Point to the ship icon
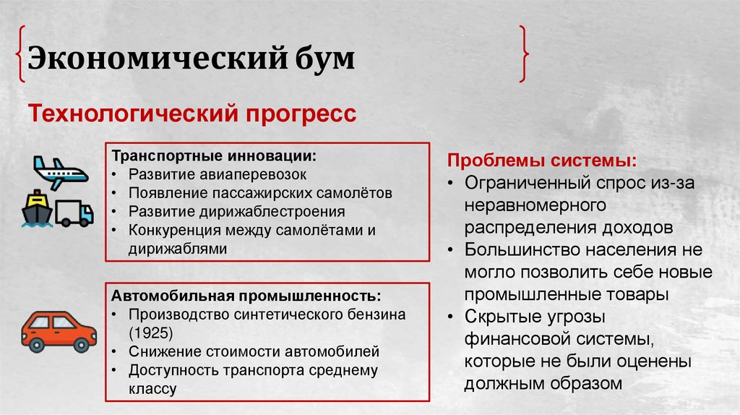point(36,210)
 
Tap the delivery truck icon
point(74,213)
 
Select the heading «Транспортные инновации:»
point(214,156)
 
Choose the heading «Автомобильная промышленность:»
point(246,296)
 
